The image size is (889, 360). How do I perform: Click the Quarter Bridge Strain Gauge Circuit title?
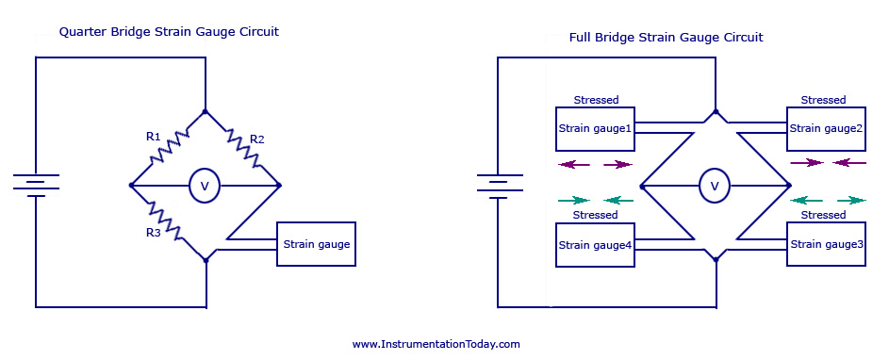[169, 32]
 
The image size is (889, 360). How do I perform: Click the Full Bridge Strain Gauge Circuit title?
[666, 38]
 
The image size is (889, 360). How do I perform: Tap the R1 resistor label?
[154, 137]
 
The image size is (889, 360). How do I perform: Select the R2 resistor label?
[255, 139]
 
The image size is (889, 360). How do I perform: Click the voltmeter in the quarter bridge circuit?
[204, 187]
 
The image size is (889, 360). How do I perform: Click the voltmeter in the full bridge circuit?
[714, 187]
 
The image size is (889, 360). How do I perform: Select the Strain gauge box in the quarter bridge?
[316, 244]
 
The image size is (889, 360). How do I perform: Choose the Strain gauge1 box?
[595, 128]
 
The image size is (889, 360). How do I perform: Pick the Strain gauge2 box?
[827, 128]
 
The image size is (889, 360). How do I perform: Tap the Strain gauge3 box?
[827, 244]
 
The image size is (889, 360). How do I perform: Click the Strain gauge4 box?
[595, 245]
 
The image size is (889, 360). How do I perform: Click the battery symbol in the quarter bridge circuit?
[36, 185]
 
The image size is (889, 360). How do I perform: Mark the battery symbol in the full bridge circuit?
[497, 185]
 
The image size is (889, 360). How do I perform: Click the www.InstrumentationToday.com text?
[436, 344]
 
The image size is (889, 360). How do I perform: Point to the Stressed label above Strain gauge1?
[596, 100]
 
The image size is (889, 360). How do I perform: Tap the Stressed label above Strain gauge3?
[823, 215]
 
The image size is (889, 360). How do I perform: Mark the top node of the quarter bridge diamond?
[205, 111]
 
